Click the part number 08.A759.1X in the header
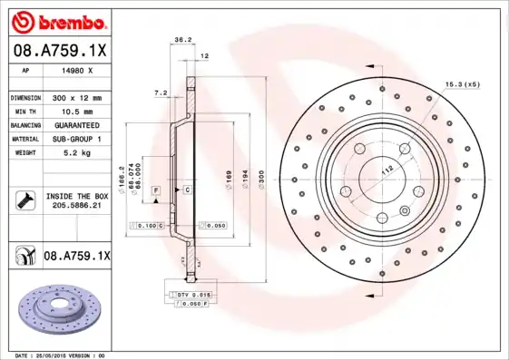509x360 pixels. point(61,50)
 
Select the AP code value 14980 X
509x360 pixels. point(76,69)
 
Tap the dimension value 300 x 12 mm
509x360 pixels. point(76,97)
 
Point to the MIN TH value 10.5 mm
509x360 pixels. point(76,111)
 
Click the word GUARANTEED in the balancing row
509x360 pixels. point(76,125)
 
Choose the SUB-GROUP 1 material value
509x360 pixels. point(76,139)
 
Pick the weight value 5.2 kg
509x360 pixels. point(76,153)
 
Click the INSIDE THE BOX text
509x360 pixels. point(76,196)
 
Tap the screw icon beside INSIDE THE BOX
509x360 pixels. point(24,200)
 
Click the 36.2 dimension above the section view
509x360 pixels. point(181,39)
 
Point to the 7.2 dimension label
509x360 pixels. point(162,92)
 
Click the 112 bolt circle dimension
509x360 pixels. point(385,170)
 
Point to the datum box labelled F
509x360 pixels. point(156,190)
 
